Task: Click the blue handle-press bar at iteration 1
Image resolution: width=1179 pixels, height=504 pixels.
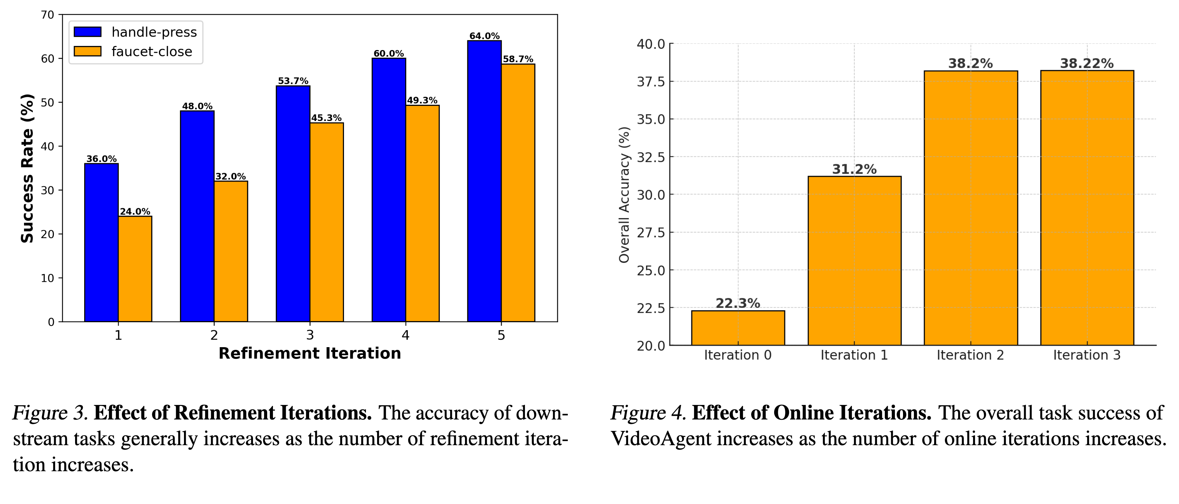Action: (101, 242)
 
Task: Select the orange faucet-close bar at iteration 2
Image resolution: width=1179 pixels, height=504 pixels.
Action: (231, 251)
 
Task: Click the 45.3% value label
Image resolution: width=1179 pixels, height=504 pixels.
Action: (326, 118)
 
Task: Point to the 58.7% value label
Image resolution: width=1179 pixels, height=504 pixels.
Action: (518, 59)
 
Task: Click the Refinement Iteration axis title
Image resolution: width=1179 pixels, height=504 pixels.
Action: (310, 354)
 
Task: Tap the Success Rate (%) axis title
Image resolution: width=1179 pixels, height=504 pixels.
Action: (27, 168)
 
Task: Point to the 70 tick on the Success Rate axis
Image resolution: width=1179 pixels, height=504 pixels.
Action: (48, 15)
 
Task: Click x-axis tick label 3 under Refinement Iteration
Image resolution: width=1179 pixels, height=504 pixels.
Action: (310, 335)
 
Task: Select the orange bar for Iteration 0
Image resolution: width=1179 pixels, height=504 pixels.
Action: (738, 328)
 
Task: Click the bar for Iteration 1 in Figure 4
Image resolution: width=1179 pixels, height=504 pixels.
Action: (854, 261)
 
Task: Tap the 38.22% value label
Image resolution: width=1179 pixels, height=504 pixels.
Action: (1087, 64)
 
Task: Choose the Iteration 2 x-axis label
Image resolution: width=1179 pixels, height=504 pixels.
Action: (970, 355)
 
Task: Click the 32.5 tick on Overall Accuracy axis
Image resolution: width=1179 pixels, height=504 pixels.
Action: (650, 157)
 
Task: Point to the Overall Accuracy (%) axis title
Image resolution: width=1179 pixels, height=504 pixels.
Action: (624, 195)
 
